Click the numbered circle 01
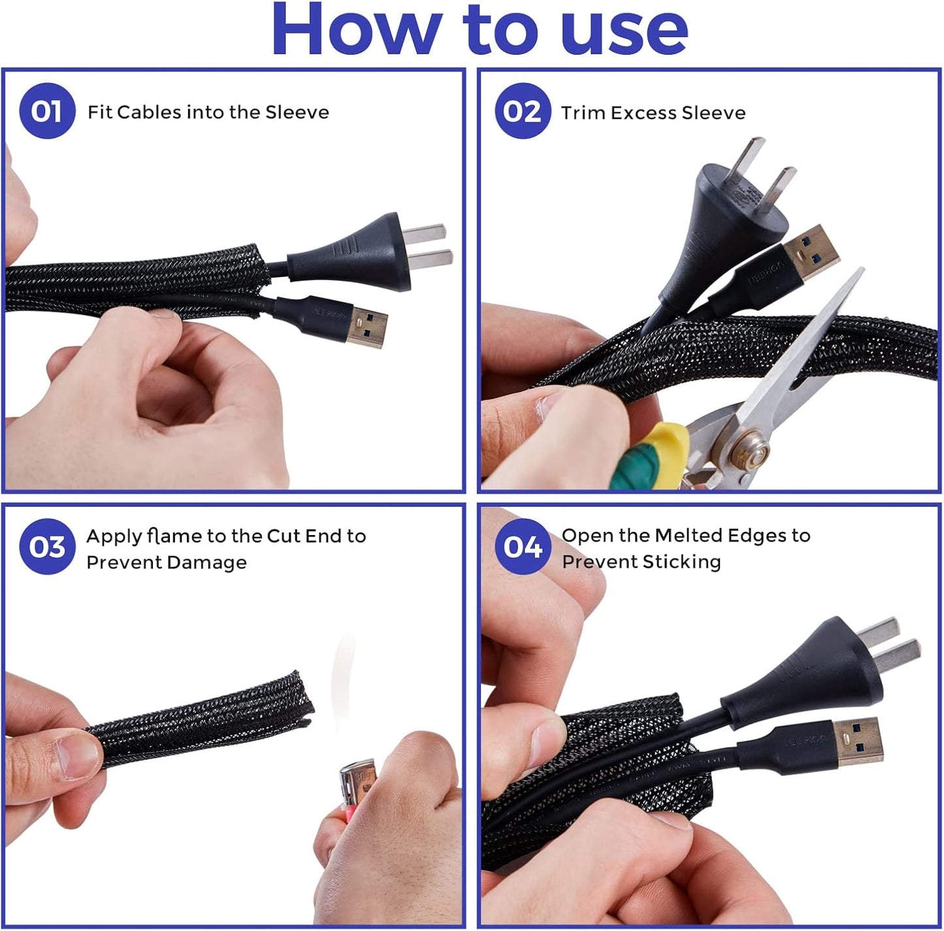coord(47,111)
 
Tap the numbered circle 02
coord(523,111)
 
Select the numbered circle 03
coord(47,547)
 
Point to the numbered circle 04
coord(523,547)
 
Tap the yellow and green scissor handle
coord(650,457)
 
